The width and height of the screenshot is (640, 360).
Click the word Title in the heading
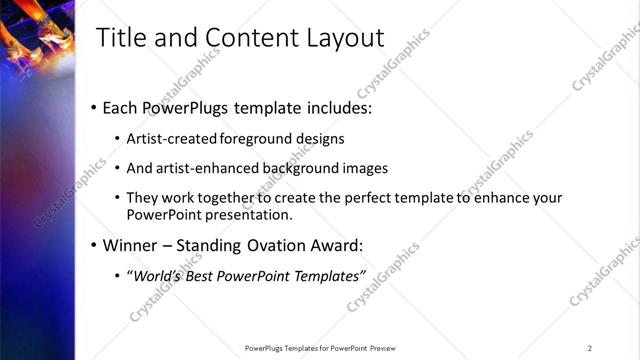pos(118,38)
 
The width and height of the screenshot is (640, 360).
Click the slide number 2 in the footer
pos(590,348)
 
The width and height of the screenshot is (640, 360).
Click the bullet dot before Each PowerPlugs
pos(93,106)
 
